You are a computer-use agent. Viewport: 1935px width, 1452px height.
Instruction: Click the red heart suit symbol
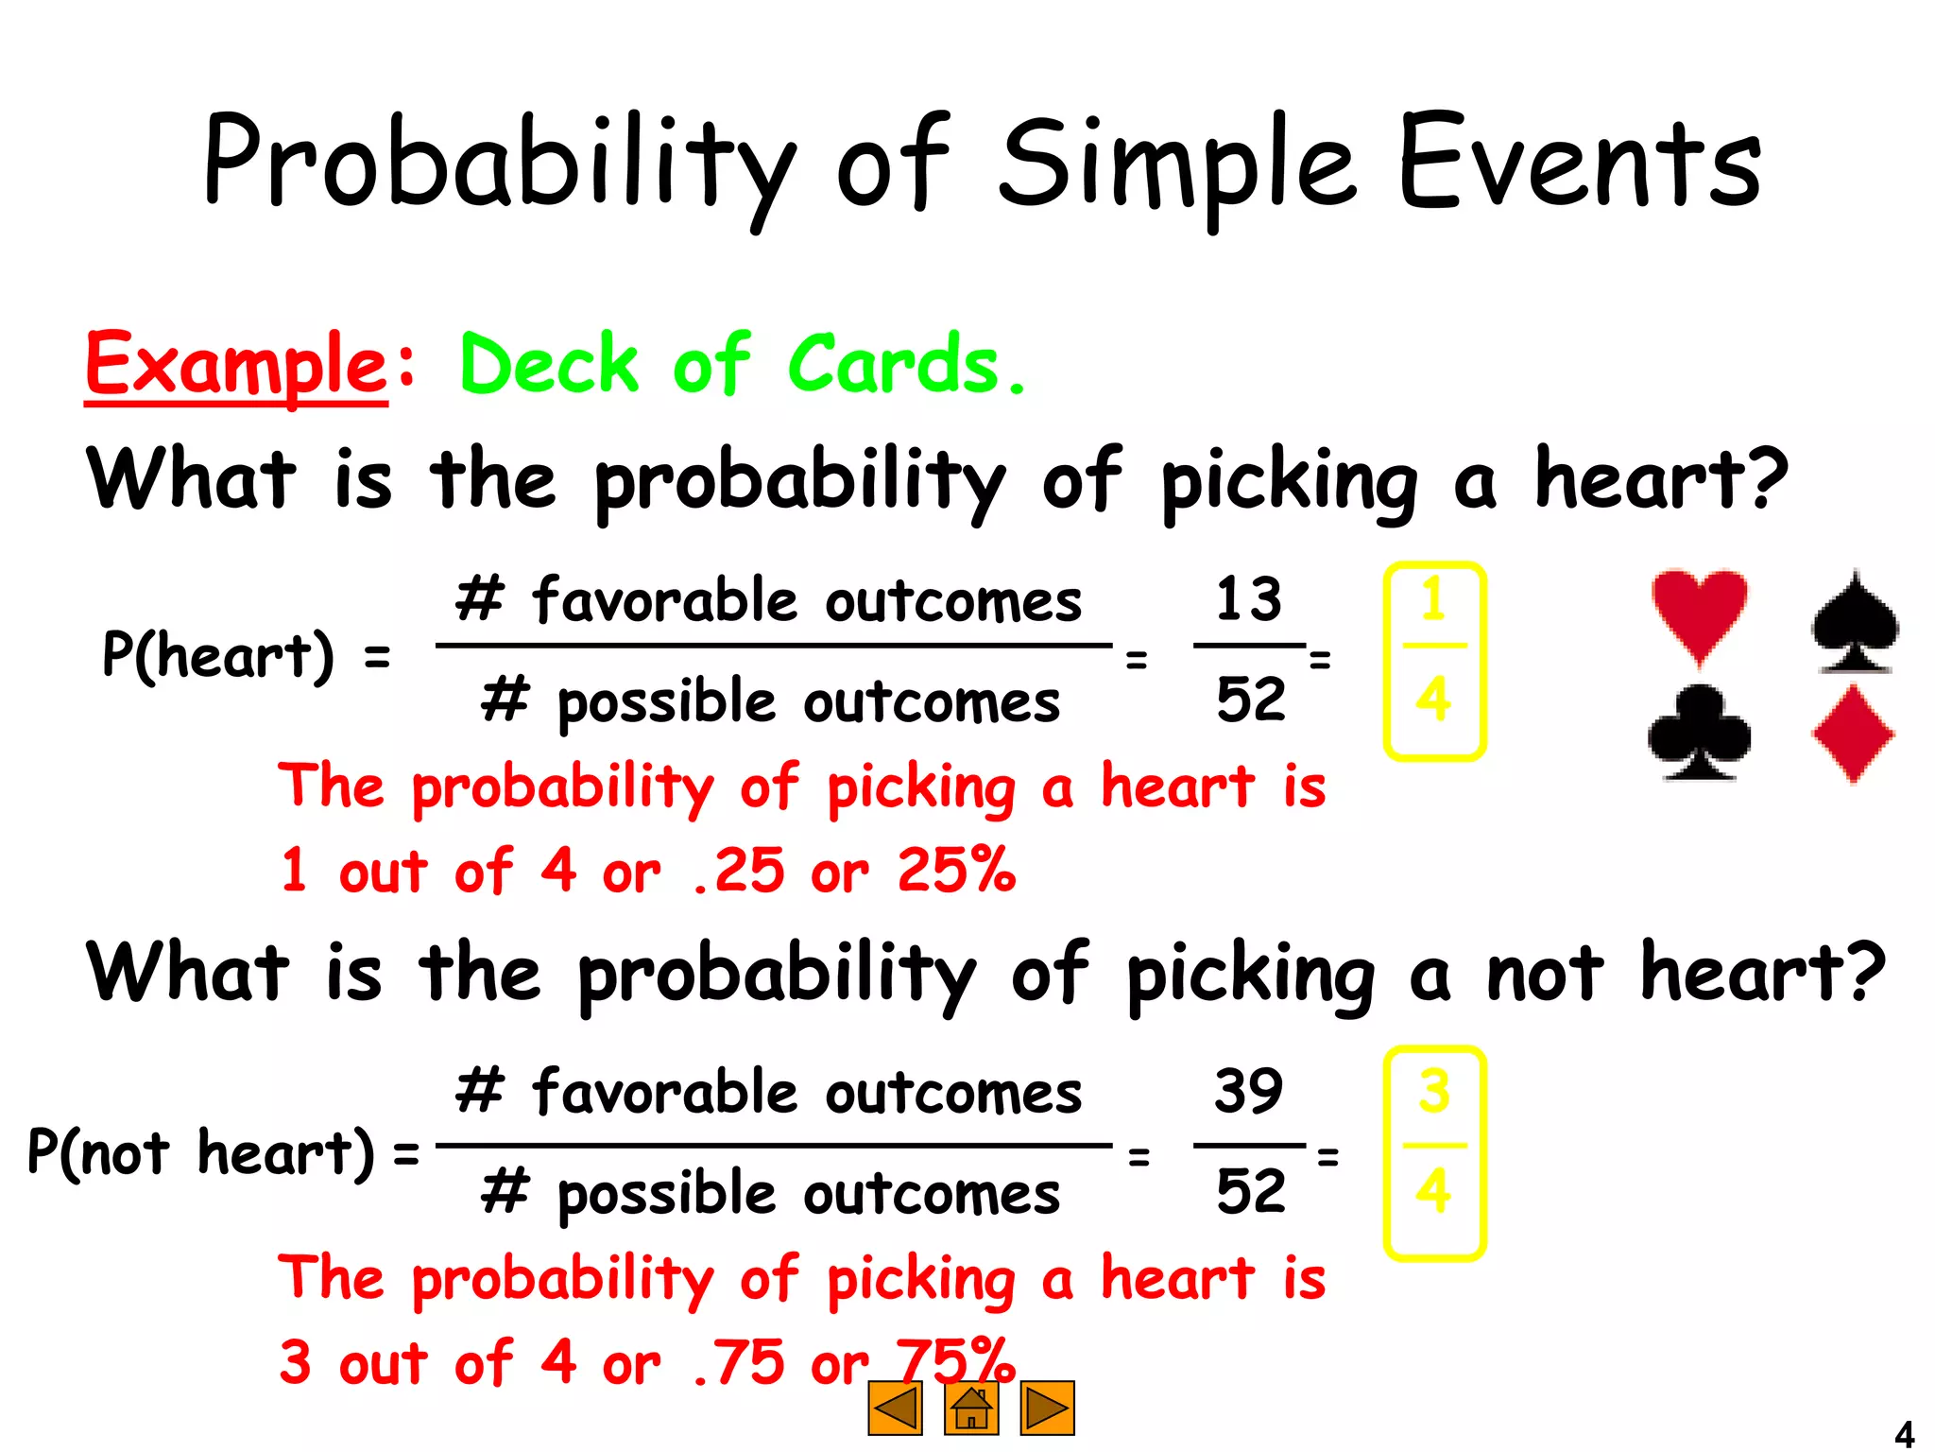1699,613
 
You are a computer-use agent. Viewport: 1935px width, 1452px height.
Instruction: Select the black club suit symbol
1699,734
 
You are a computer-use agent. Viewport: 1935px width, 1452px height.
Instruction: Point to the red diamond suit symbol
1853,735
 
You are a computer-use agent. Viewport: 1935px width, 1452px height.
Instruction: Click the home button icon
970,1409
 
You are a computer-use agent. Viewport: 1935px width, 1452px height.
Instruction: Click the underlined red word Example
236,365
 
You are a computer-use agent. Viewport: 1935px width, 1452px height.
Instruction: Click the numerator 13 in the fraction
1248,599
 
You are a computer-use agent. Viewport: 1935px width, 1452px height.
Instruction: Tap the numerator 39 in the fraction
1248,1091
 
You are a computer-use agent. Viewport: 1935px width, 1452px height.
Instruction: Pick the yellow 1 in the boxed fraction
1433,600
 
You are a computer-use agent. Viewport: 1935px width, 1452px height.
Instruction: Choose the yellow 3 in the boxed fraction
1433,1091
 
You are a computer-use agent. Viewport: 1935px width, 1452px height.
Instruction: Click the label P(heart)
218,655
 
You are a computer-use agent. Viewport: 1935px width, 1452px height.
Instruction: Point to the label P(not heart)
200,1153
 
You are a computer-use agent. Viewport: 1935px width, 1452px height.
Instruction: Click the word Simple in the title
1177,163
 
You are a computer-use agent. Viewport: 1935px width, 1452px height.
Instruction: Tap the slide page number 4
1904,1433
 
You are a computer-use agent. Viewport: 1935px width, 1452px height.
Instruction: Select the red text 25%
956,870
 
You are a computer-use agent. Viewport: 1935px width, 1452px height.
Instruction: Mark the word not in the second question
1544,974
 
